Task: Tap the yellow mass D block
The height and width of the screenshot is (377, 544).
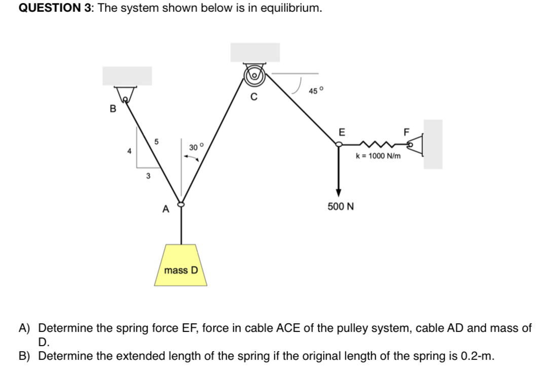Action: tap(180, 265)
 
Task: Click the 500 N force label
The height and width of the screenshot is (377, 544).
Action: tap(340, 207)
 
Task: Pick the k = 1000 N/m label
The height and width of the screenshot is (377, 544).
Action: tap(378, 156)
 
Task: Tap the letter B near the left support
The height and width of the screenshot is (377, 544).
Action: tap(113, 108)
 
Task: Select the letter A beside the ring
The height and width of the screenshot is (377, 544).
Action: tap(165, 209)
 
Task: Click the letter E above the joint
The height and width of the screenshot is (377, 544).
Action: tap(341, 132)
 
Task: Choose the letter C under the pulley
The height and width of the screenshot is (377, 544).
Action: tap(255, 96)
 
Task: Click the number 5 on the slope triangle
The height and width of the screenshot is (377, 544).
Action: tap(157, 142)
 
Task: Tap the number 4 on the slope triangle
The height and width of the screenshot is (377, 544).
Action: tap(130, 151)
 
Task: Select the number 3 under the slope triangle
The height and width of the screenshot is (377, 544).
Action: tap(148, 176)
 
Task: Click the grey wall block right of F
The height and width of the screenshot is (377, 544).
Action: tap(433, 144)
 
